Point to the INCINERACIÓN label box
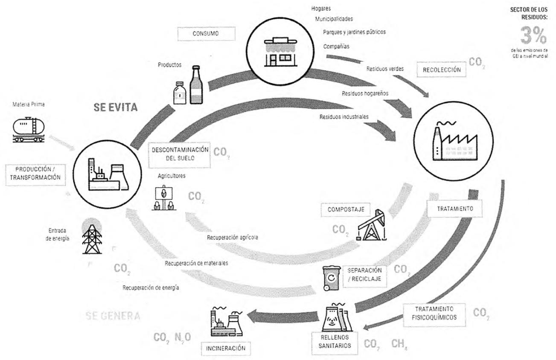(x=226, y=348)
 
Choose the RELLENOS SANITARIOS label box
(x=337, y=342)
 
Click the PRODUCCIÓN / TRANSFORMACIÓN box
(x=36, y=174)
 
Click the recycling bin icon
(x=332, y=278)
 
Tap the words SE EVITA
(x=116, y=107)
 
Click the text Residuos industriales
(x=343, y=116)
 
